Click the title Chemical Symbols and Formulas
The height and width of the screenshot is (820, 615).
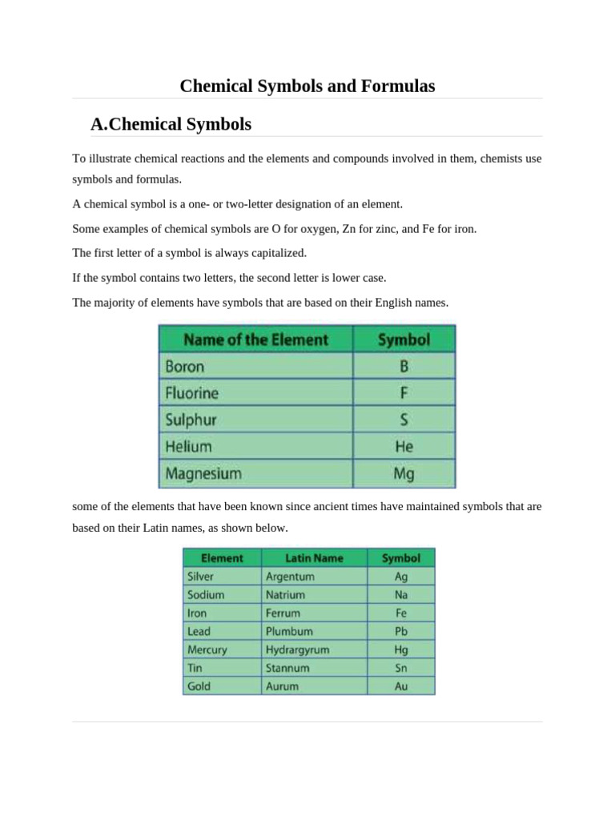[x=307, y=86]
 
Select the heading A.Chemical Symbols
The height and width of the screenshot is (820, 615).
[x=171, y=124]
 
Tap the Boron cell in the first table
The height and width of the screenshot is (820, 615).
[x=185, y=367]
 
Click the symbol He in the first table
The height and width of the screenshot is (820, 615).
[x=404, y=447]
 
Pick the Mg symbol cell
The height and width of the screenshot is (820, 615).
[x=404, y=473]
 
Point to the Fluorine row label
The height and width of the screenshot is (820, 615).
[x=192, y=393]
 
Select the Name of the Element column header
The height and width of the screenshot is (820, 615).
[x=255, y=340]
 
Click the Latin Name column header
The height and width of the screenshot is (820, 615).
[x=314, y=557]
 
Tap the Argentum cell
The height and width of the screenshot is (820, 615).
[x=290, y=576]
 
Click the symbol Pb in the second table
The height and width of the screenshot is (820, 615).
[x=401, y=631]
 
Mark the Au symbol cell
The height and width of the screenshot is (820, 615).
[x=401, y=686]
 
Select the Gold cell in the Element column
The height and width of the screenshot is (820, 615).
[x=199, y=686]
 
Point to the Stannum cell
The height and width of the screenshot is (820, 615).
[x=287, y=668]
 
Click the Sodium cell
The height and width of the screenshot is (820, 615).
[x=206, y=594]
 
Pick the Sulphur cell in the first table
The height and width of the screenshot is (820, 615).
[x=191, y=420]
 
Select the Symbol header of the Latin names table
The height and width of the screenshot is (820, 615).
[x=401, y=557]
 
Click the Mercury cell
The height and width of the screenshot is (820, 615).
[x=207, y=649]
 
